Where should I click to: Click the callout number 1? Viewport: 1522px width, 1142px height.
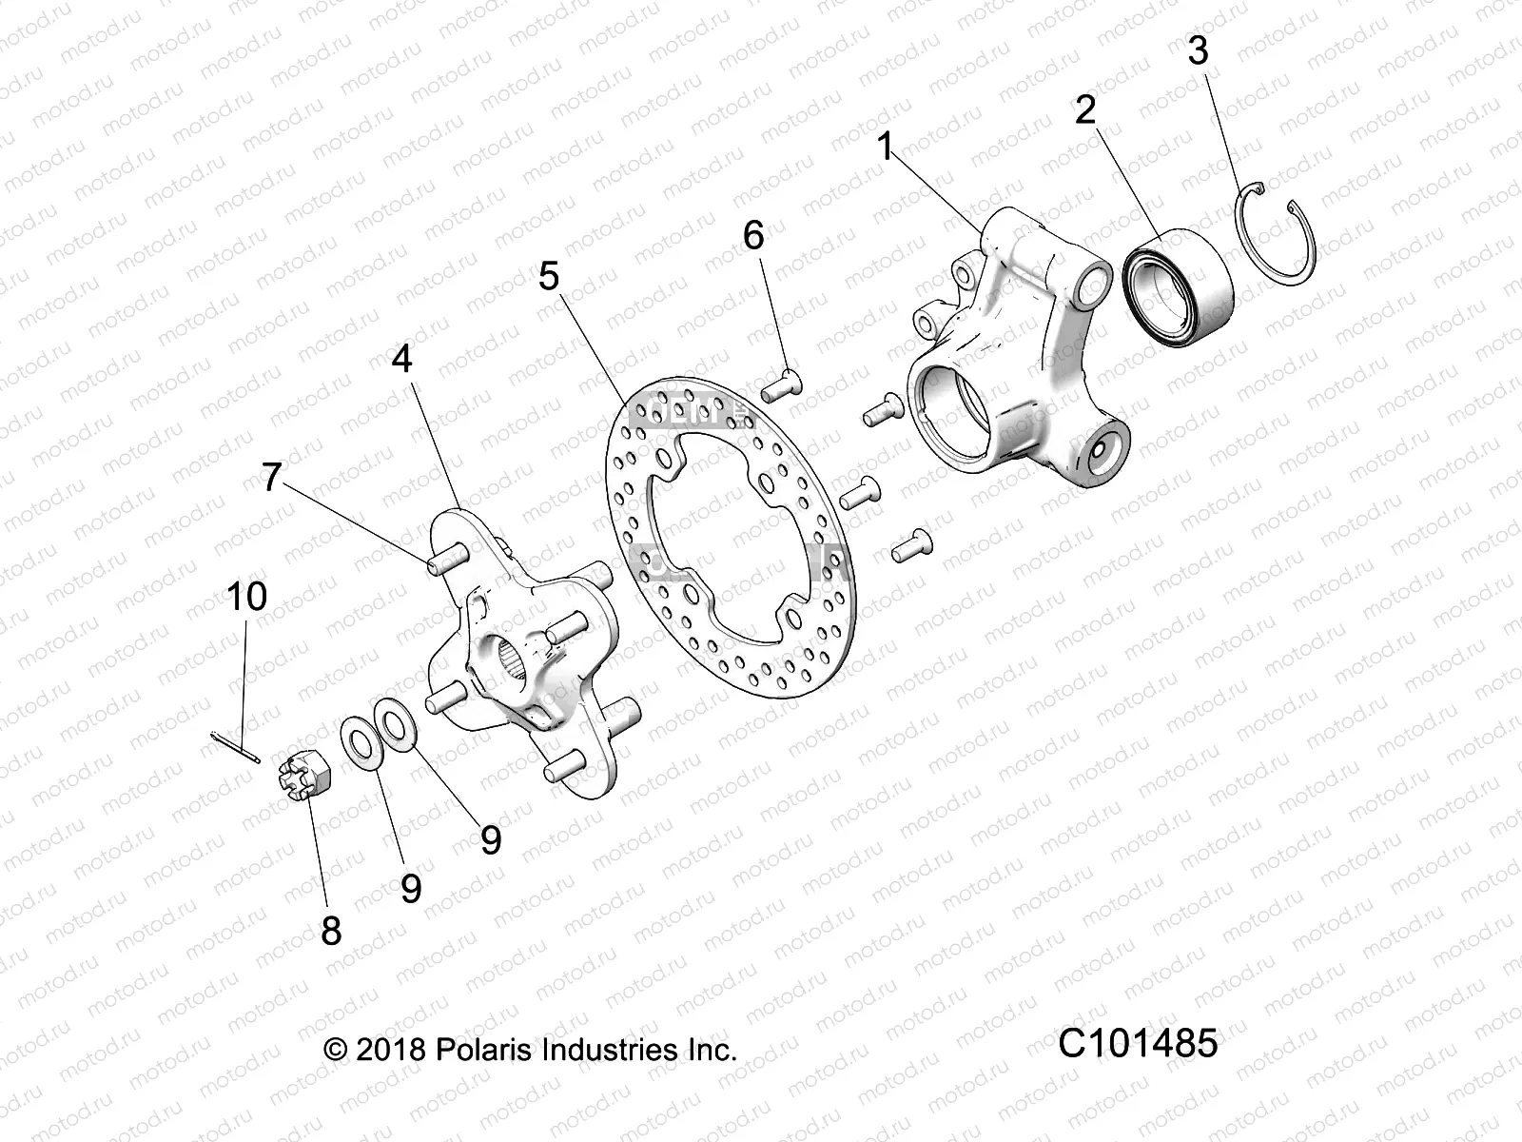[x=886, y=148]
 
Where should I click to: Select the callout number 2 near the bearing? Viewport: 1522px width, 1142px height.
[x=1085, y=110]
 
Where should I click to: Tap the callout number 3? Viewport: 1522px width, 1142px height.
[x=1198, y=50]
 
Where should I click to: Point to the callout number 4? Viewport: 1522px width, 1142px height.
[x=401, y=359]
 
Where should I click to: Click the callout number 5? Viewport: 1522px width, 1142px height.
[x=549, y=276]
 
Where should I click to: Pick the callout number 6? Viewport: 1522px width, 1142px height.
[x=753, y=234]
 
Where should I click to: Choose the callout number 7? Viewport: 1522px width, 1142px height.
[x=272, y=477]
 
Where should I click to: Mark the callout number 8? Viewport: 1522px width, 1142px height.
[x=331, y=930]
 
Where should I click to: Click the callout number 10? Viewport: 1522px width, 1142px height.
[x=246, y=597]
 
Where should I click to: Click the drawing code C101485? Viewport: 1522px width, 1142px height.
[x=1138, y=1044]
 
